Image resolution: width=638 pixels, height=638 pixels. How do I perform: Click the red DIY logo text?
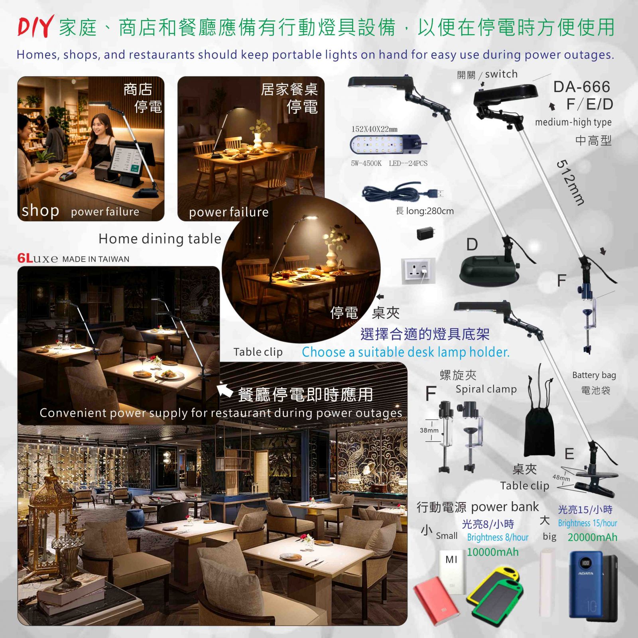pyautogui.click(x=35, y=26)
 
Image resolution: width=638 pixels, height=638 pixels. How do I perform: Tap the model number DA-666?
pyautogui.click(x=582, y=87)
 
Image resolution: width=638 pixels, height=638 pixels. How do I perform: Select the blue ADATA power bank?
pyautogui.click(x=586, y=585)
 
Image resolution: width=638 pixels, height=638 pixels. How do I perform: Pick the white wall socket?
pyautogui.click(x=416, y=271)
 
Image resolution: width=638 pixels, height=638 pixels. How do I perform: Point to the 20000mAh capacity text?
pyautogui.click(x=592, y=538)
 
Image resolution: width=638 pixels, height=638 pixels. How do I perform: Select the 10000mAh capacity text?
pyautogui.click(x=493, y=552)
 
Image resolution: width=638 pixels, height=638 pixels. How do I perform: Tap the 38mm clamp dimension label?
pyautogui.click(x=429, y=430)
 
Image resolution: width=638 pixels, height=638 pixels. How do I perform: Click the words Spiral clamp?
pyautogui.click(x=486, y=389)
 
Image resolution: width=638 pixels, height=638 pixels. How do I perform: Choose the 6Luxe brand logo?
pyautogui.click(x=38, y=258)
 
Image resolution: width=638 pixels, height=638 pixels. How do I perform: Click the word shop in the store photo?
pyautogui.click(x=40, y=210)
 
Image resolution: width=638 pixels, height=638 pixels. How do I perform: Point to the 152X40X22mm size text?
pyautogui.click(x=374, y=129)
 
